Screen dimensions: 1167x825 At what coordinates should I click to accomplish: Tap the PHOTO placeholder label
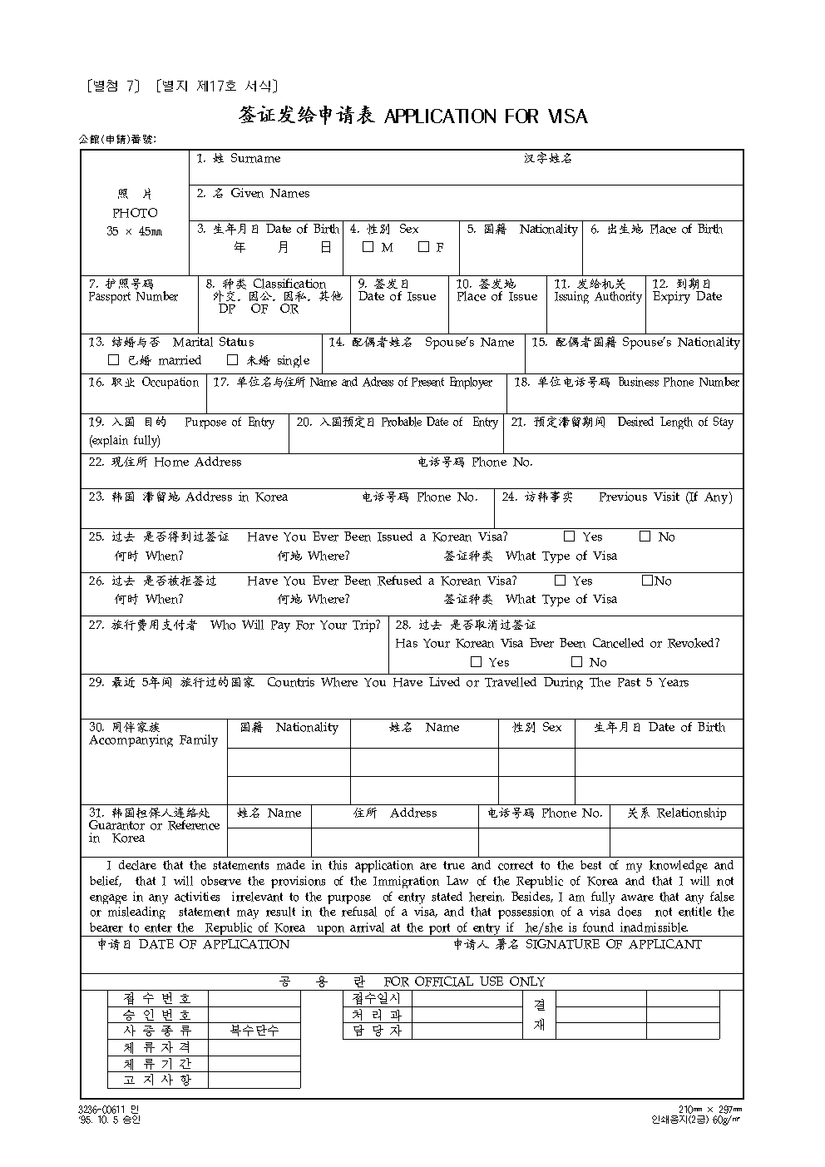coord(135,213)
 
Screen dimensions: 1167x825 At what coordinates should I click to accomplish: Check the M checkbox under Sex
coord(368,247)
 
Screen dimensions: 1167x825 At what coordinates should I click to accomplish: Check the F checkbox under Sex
coord(423,247)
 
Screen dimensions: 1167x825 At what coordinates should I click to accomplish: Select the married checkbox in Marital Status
coord(114,361)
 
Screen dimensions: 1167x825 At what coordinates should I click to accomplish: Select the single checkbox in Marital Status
coord(233,361)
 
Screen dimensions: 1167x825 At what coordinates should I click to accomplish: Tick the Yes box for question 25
coord(570,537)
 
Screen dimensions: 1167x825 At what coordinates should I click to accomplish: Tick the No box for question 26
coord(647,581)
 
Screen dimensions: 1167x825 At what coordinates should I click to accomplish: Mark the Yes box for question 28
coord(476,662)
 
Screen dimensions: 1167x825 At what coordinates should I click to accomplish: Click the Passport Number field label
coord(133,297)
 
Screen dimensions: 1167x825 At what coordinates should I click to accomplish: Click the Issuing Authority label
coord(598,297)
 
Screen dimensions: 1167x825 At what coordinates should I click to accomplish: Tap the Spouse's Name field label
coord(469,343)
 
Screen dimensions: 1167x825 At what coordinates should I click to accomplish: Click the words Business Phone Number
coord(678,383)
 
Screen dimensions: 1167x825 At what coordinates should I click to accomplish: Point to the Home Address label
coord(197,462)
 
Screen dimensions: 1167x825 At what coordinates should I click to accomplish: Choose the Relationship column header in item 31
coord(691,813)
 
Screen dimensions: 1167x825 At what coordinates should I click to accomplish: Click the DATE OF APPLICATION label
coord(214,945)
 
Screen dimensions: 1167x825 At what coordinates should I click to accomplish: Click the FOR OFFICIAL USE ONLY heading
coord(464,982)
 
